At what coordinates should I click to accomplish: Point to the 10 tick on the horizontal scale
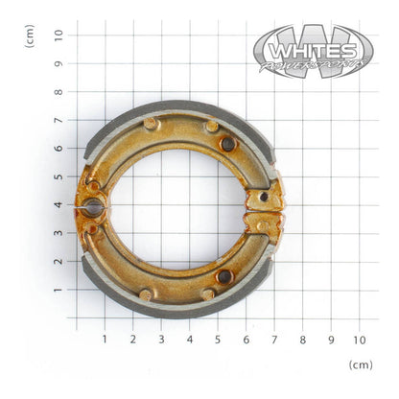[x=359, y=339]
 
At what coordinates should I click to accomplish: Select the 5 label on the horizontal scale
[x=218, y=339]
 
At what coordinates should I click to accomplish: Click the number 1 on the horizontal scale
[x=105, y=339]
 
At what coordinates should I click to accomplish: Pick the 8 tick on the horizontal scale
[x=302, y=339]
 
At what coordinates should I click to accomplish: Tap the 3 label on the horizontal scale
[x=161, y=339]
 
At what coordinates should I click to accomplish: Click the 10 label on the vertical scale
[x=59, y=35]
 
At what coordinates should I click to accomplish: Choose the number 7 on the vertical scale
[x=59, y=120]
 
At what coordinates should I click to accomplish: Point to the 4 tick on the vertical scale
[x=59, y=204]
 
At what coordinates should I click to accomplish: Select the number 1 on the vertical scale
[x=59, y=290]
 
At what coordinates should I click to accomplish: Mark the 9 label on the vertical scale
[x=59, y=63]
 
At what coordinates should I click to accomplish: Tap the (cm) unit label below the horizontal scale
[x=362, y=365]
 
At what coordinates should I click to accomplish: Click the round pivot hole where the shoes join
[x=92, y=206]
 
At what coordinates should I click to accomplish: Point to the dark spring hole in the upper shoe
[x=227, y=144]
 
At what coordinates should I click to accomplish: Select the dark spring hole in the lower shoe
[x=223, y=276]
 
